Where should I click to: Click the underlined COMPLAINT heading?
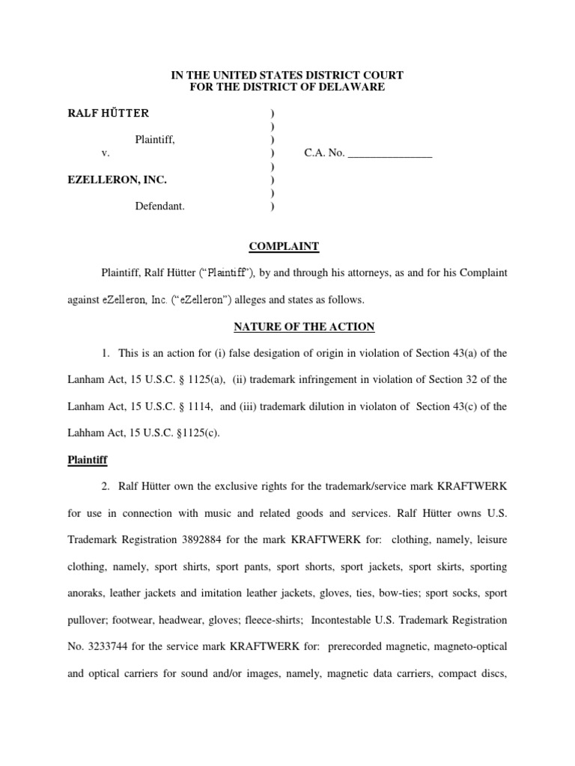point(284,246)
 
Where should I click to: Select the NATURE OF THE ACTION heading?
point(304,327)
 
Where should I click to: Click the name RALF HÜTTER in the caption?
point(109,113)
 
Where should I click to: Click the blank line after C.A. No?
point(390,153)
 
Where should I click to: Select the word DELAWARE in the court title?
point(354,87)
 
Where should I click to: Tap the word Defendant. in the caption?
point(159,206)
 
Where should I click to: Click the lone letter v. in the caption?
point(106,153)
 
